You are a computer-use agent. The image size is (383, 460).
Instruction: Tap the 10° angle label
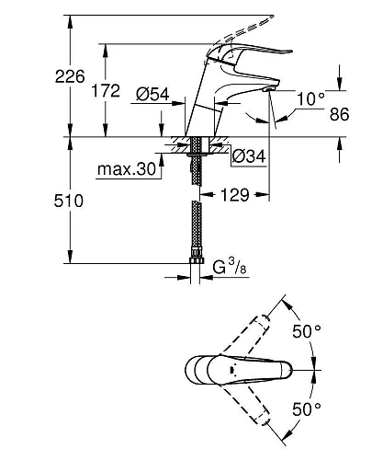[x=312, y=97]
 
